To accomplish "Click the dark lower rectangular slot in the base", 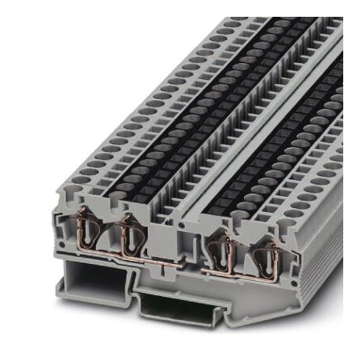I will (x=176, y=308).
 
